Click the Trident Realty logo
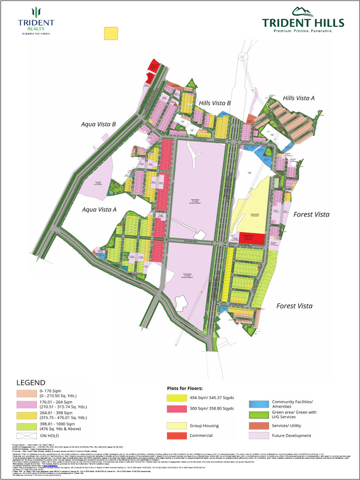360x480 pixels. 36,21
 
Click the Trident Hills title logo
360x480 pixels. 303,20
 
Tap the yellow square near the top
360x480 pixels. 111,33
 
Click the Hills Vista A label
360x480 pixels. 299,98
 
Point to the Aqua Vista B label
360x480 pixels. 97,124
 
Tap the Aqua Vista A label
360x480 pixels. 98,210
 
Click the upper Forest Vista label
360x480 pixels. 311,214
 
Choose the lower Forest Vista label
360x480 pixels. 294,306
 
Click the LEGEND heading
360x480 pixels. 31,382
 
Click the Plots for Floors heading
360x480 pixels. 185,389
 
